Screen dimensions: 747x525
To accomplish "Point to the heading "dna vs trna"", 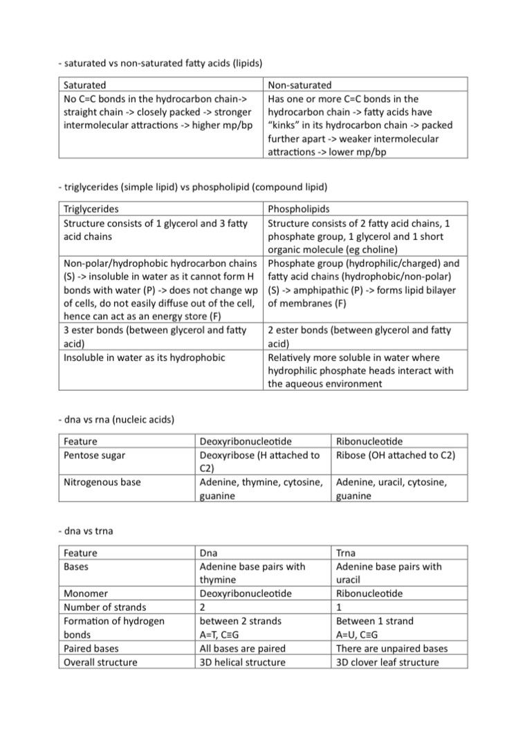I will tap(86, 531).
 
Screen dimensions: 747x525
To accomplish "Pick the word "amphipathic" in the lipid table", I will tap(315, 290).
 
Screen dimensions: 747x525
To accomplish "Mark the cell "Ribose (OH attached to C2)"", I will tap(395, 455).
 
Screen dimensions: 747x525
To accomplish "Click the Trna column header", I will tap(347, 553).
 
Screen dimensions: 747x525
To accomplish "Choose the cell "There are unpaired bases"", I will tap(392, 649).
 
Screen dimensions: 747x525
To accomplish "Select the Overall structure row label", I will tap(100, 662).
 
